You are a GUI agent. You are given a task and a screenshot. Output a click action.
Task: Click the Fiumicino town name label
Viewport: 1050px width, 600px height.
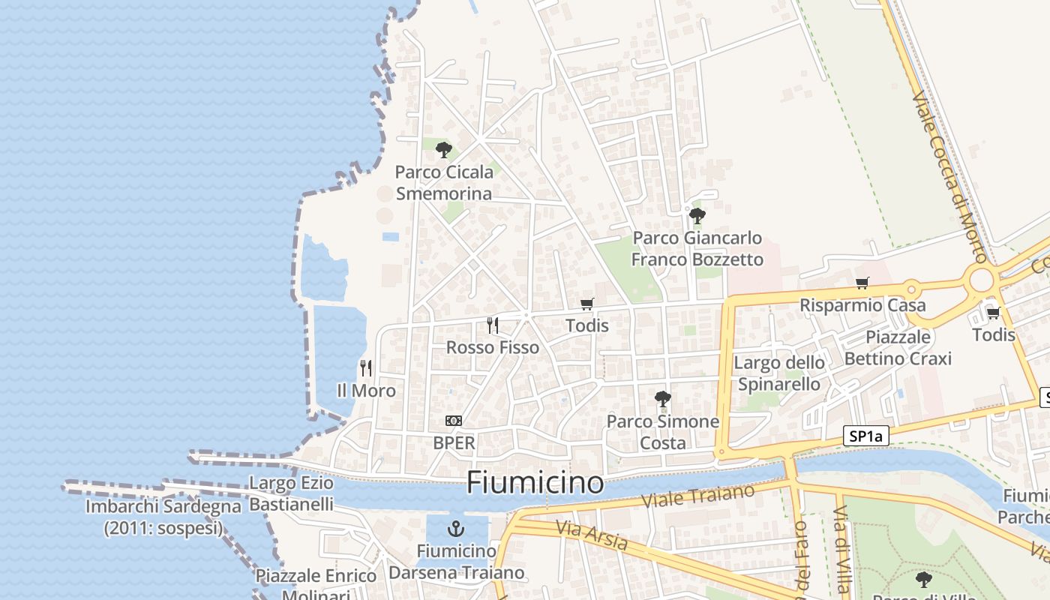point(535,483)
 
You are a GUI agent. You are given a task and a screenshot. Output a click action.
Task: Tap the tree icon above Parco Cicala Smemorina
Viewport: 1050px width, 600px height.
point(444,149)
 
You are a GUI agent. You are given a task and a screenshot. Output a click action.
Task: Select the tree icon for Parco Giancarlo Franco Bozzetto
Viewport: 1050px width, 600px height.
point(697,216)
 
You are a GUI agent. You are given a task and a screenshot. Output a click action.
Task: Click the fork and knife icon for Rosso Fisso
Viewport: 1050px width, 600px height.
point(493,325)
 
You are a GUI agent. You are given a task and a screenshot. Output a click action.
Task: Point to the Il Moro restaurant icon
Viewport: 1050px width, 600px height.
point(366,367)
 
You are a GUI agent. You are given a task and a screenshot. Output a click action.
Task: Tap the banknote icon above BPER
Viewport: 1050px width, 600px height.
point(454,421)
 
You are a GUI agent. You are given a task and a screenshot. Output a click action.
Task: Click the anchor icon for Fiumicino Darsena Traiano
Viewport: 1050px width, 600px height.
point(456,529)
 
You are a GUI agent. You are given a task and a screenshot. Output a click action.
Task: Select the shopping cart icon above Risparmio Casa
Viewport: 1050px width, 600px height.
point(862,283)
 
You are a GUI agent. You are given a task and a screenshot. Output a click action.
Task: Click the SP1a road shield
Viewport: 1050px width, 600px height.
point(865,436)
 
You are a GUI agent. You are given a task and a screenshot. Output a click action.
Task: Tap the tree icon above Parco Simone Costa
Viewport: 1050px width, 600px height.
point(662,399)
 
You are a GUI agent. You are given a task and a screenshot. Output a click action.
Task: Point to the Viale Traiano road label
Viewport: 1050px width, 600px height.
point(698,499)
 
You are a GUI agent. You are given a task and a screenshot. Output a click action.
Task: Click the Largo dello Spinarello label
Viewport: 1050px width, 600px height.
point(779,373)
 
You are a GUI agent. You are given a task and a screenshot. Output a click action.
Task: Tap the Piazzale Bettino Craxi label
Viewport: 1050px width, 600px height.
point(898,347)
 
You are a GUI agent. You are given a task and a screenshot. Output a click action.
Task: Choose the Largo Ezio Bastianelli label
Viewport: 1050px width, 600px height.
point(291,493)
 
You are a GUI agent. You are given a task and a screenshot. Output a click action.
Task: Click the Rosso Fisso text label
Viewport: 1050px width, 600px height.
point(493,347)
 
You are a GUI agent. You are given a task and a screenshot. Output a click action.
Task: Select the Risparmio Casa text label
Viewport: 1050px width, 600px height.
point(862,305)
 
